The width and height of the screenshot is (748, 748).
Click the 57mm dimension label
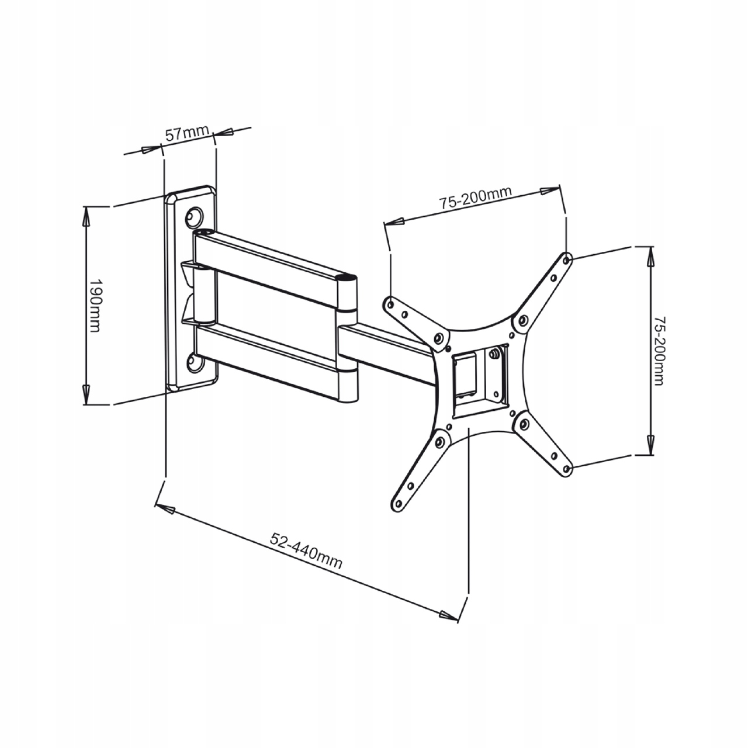[187, 133]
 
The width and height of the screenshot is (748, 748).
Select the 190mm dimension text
[95, 305]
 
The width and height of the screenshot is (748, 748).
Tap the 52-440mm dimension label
[306, 551]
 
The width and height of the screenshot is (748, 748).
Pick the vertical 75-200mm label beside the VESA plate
[660, 351]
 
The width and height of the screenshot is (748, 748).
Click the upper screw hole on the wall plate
[193, 217]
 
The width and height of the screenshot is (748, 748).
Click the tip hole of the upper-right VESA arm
[567, 259]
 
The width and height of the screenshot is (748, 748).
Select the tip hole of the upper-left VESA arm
[390, 303]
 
